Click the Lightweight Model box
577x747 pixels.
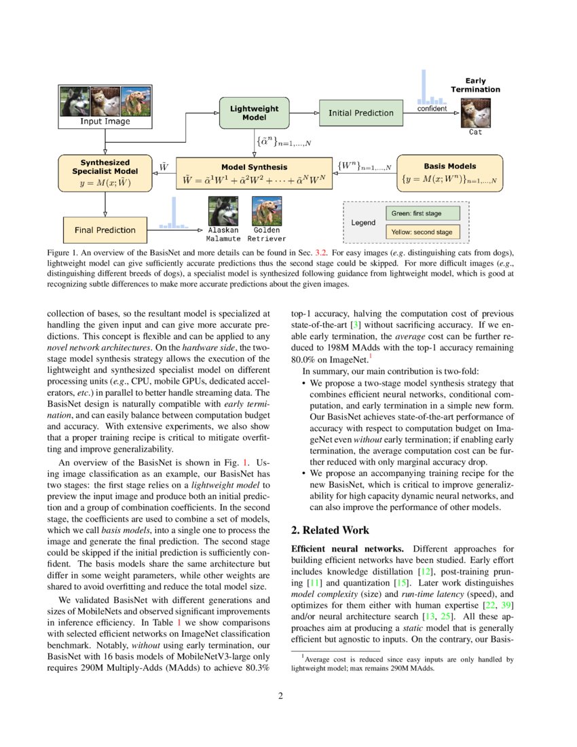pyautogui.click(x=250, y=113)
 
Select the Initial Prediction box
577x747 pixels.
pyautogui.click(x=360, y=113)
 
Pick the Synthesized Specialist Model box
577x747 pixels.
pyautogui.click(x=105, y=173)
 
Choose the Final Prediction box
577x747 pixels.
pyautogui.click(x=105, y=230)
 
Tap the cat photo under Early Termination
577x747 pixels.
pyautogui.click(x=475, y=112)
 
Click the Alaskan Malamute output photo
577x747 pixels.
pyautogui.click(x=223, y=211)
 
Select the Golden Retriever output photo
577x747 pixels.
pyautogui.click(x=266, y=211)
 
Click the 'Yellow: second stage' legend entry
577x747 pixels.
pyautogui.click(x=422, y=232)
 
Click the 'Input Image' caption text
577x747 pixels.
pyautogui.click(x=105, y=122)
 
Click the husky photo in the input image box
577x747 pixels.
pyautogui.click(x=75, y=101)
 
